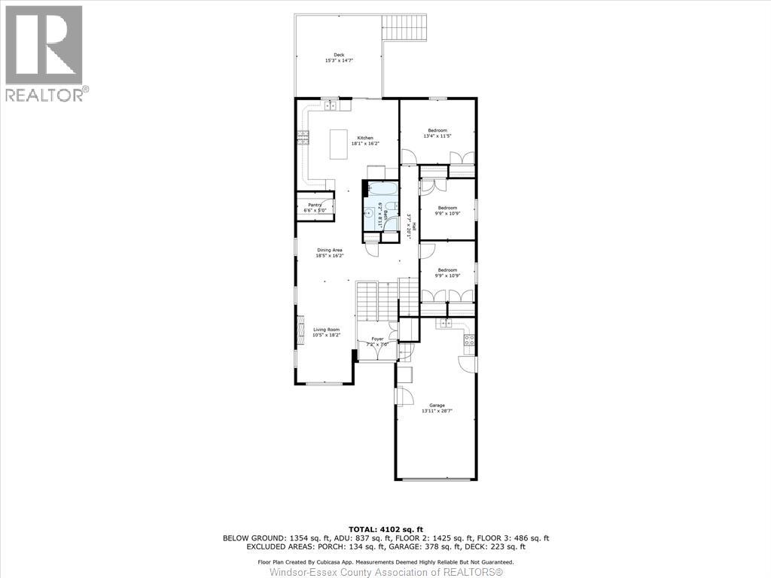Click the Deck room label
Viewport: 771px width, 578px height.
pyautogui.click(x=340, y=55)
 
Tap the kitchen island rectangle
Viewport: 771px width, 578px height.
pyautogui.click(x=339, y=144)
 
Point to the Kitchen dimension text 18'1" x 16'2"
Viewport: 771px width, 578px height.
pyautogui.click(x=364, y=144)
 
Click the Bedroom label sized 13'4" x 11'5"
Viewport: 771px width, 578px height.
pyautogui.click(x=437, y=130)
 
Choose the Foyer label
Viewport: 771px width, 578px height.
pyautogui.click(x=376, y=339)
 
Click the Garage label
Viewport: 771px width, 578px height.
pyautogui.click(x=437, y=405)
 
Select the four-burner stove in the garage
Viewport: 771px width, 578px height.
pyautogui.click(x=468, y=340)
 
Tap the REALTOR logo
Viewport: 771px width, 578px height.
pyautogui.click(x=44, y=53)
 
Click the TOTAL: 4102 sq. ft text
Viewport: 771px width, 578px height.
pyautogui.click(x=385, y=529)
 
